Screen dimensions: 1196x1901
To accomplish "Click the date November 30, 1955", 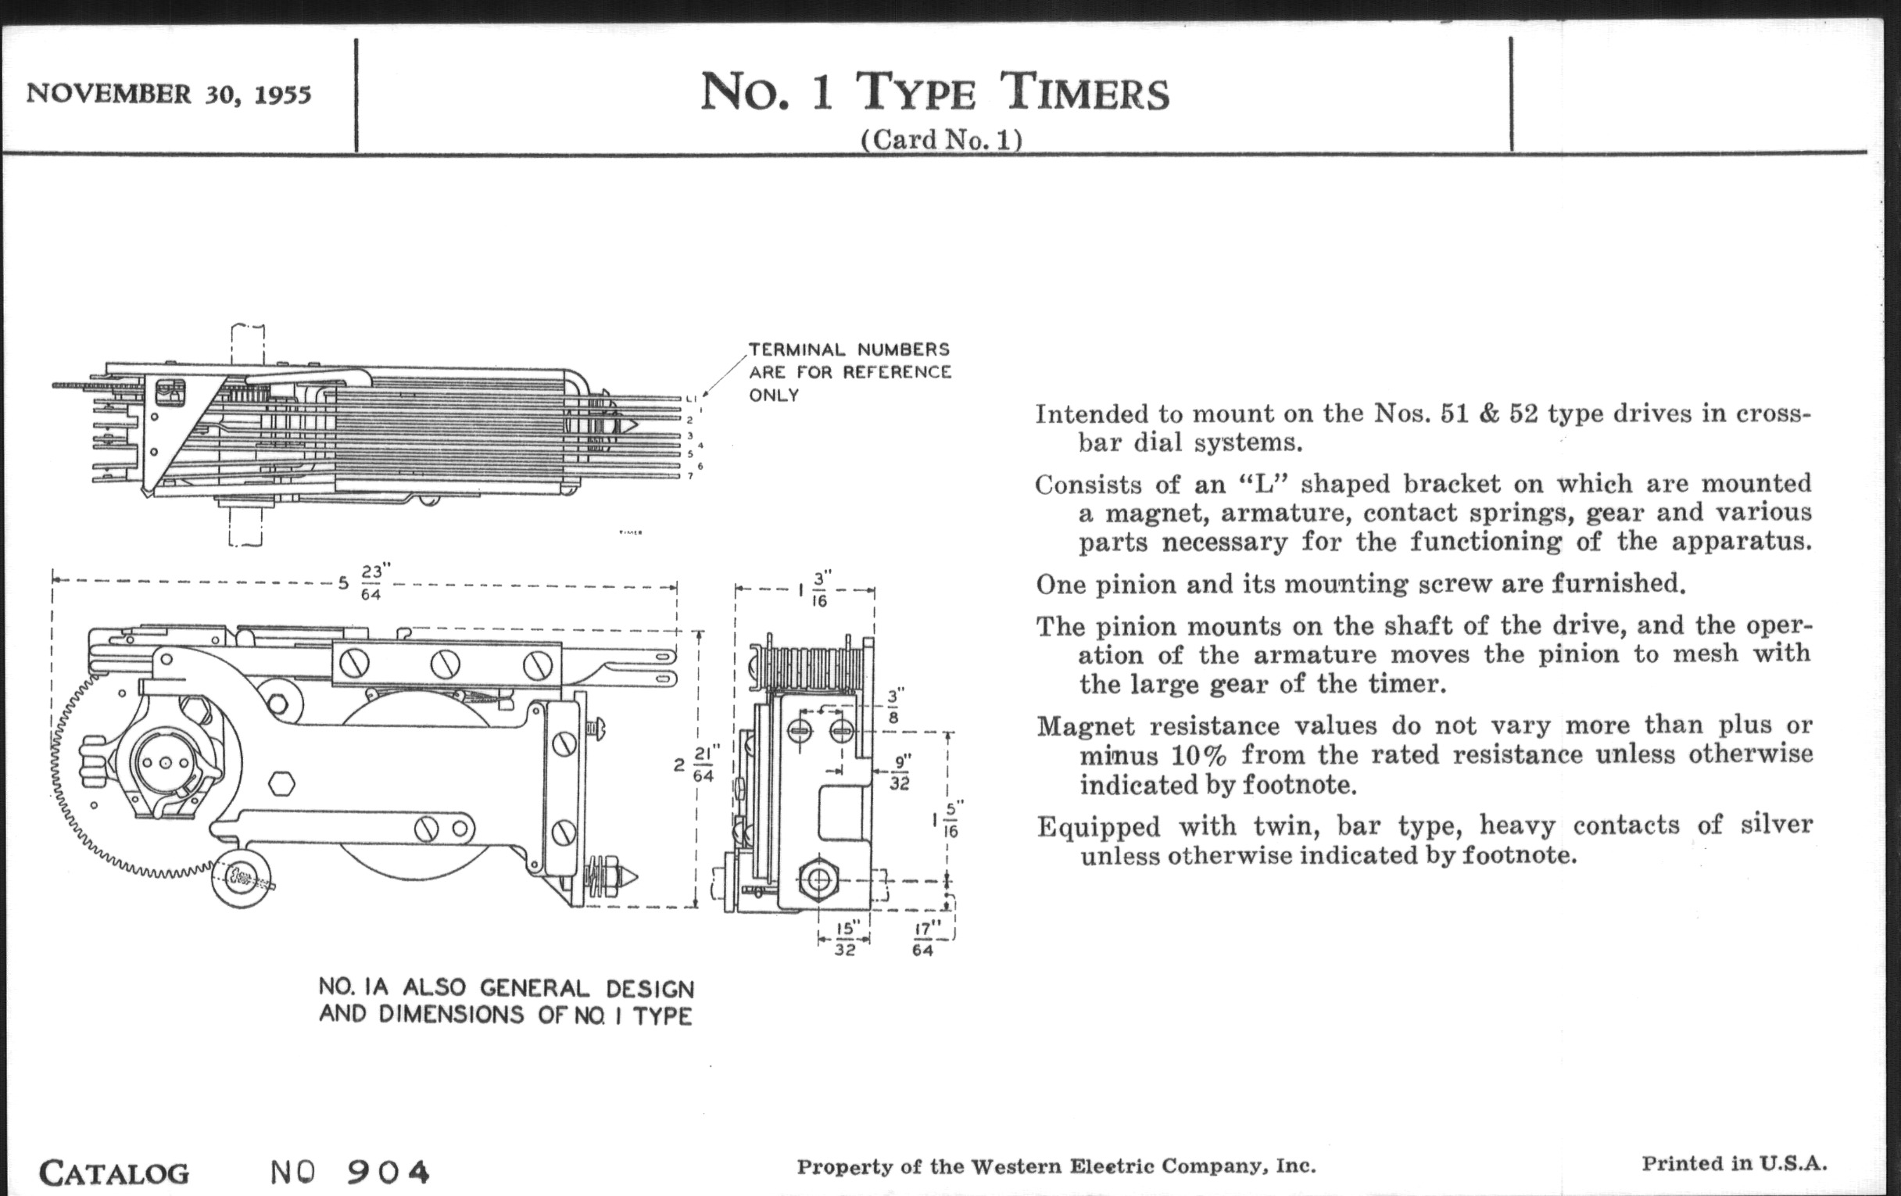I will [x=169, y=94].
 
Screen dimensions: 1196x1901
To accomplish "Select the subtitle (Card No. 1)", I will [x=941, y=140].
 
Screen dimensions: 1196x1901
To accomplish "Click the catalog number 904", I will [x=388, y=1172].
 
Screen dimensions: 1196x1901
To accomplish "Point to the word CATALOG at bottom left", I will [x=114, y=1173].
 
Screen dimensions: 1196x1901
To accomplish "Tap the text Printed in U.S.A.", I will [x=1734, y=1163].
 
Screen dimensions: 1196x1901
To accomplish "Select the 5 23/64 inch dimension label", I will [x=364, y=582].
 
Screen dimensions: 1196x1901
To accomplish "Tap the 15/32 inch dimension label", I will [x=844, y=938].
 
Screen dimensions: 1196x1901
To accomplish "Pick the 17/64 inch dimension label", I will [x=924, y=938].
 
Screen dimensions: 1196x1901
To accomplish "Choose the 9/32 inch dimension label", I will [x=900, y=772].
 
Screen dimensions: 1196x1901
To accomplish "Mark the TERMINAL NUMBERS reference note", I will [x=850, y=372].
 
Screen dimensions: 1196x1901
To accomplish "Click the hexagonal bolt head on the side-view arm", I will [x=282, y=785].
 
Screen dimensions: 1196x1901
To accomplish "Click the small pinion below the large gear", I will [x=240, y=878].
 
